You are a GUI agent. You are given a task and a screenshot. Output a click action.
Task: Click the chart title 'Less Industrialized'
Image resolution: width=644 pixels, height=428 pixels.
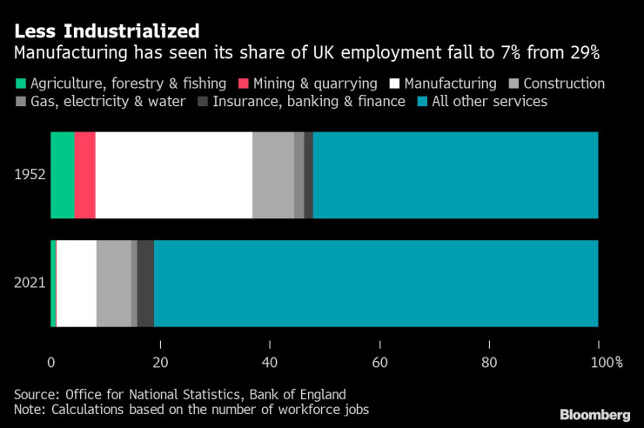106,31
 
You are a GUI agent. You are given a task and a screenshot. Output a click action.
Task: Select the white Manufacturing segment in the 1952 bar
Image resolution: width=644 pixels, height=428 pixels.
173,175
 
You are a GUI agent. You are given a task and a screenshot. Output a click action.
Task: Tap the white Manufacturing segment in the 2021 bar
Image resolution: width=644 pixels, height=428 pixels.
76,283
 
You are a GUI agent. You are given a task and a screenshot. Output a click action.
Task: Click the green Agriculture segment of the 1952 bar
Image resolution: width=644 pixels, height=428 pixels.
62,175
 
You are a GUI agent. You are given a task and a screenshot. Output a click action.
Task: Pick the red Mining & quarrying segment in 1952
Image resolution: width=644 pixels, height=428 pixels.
84,175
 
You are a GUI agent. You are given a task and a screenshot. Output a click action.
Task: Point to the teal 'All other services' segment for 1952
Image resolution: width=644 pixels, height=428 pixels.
455,175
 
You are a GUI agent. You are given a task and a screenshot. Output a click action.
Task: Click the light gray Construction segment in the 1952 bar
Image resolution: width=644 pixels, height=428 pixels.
272,175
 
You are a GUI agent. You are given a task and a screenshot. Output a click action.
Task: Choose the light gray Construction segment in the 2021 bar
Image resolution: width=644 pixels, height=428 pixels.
113,283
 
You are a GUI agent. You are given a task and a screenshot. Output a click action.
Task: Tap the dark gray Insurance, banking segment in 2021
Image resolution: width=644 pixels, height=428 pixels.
145,283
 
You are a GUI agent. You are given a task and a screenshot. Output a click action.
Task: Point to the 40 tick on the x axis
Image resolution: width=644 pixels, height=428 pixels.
270,362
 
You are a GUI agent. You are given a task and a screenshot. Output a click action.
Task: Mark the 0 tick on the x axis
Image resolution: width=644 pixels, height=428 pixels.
51,362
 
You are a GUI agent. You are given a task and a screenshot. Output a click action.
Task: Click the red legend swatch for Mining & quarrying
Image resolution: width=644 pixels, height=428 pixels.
243,84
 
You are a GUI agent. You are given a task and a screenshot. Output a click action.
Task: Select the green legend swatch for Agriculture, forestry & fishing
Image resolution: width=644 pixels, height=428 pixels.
20,84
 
